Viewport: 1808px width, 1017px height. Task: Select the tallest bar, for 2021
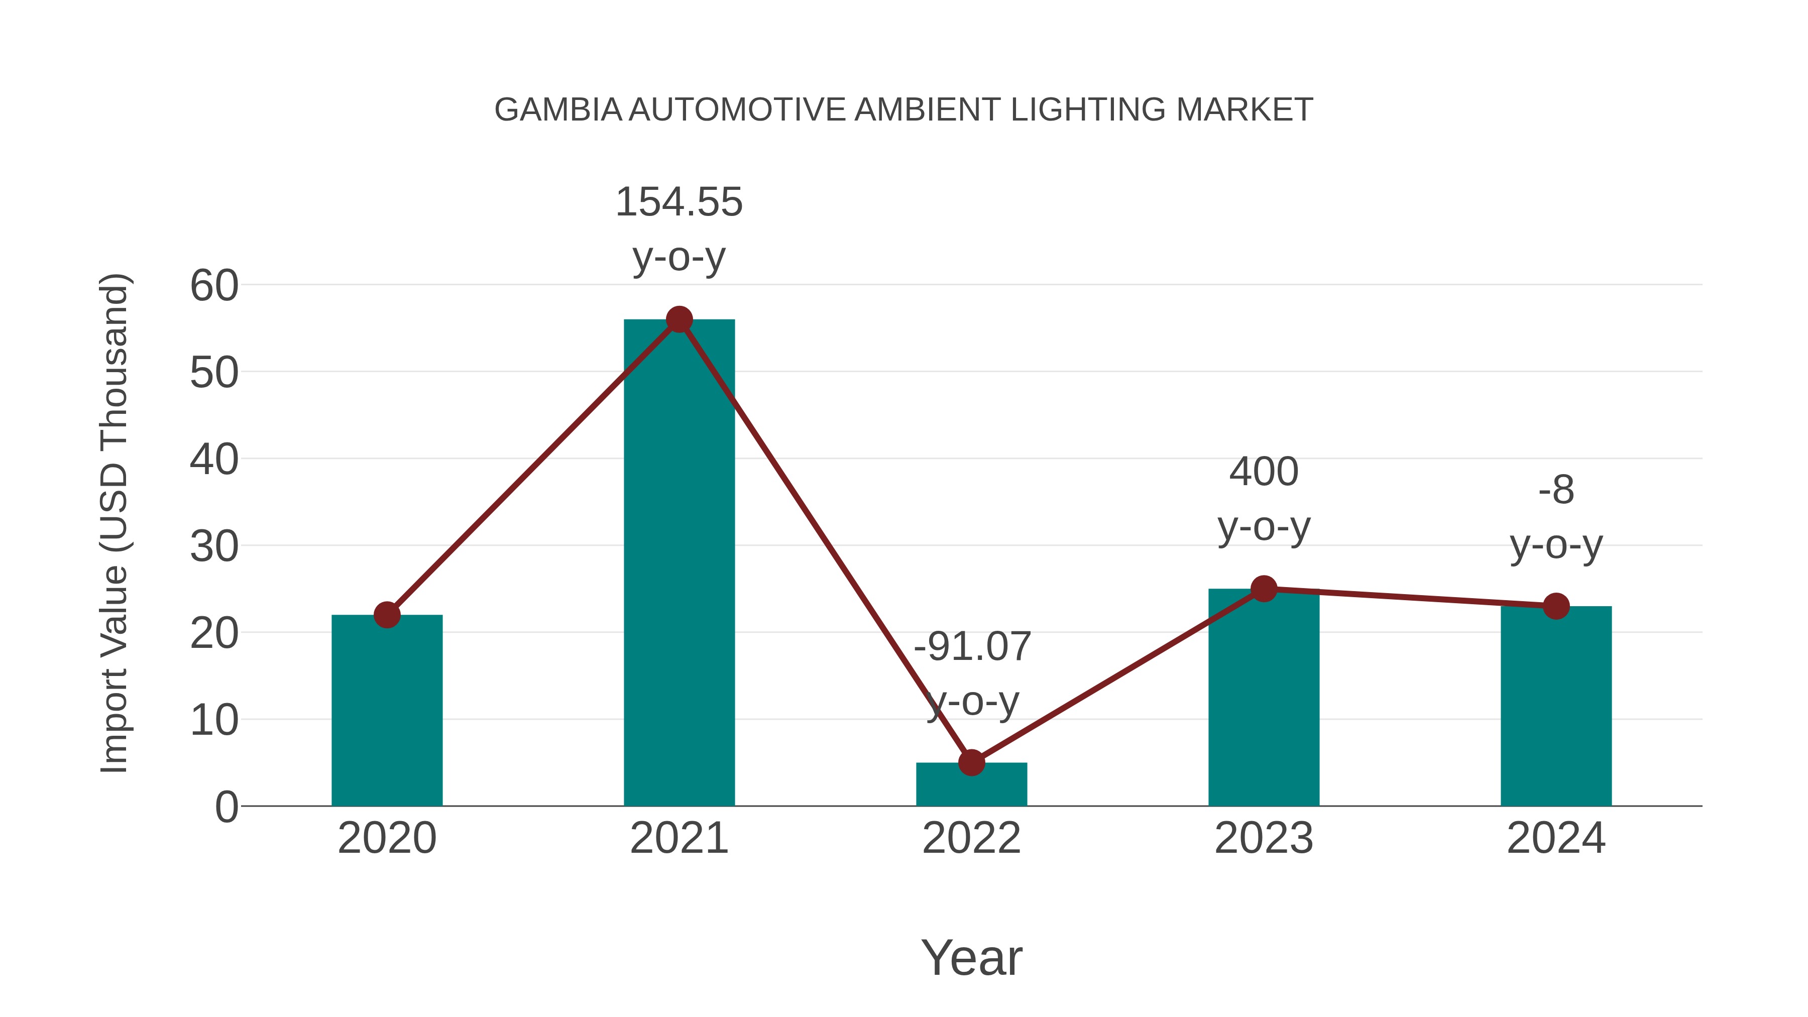[x=679, y=562]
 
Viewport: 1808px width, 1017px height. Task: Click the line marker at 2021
[x=679, y=320]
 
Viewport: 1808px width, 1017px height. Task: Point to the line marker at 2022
[x=971, y=762]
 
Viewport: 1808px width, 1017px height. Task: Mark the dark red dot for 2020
[x=387, y=615]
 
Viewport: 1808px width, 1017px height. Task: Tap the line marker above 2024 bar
[x=1556, y=606]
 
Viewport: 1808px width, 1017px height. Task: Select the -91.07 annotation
[x=971, y=646]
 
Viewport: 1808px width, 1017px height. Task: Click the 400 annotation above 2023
[x=1264, y=472]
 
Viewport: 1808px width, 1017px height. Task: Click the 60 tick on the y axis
[x=214, y=286]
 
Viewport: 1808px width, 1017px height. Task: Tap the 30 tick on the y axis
[x=214, y=547]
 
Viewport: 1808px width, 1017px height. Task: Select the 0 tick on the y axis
[x=226, y=807]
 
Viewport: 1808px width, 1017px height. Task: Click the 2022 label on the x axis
[x=971, y=838]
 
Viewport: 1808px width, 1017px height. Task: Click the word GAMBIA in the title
[x=558, y=110]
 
